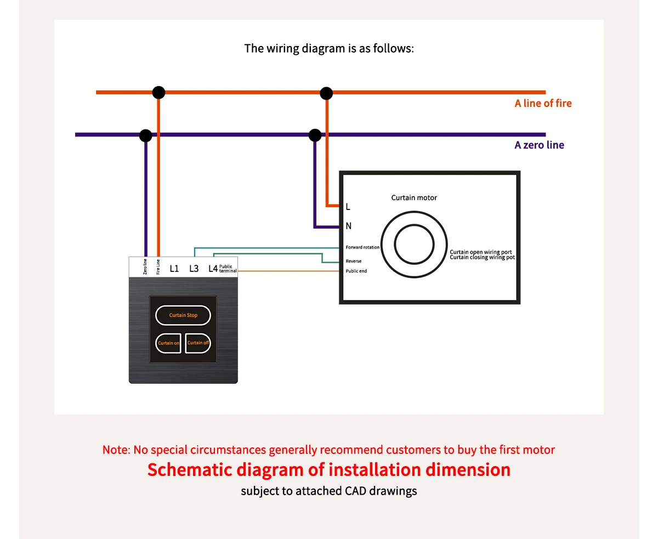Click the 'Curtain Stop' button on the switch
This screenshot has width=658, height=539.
coord(183,315)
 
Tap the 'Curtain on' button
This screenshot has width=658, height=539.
coord(168,343)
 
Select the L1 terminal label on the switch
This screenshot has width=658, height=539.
coord(174,269)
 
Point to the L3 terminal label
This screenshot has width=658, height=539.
coord(194,269)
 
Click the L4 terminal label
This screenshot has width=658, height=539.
coord(213,269)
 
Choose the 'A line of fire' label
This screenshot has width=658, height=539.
coord(543,103)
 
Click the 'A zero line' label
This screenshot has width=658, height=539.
coord(539,145)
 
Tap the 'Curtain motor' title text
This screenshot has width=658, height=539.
coord(414,198)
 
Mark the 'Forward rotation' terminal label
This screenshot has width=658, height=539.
coord(362,247)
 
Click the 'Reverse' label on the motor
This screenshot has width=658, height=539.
coord(354,261)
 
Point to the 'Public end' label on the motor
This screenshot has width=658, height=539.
coord(356,271)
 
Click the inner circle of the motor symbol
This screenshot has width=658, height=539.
coord(414,244)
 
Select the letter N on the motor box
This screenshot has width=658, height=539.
coord(349,226)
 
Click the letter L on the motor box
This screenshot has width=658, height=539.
coord(348,207)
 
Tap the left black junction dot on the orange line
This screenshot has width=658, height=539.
coord(158,93)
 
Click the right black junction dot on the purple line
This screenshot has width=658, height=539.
coord(315,135)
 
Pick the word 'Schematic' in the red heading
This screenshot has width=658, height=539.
coord(190,470)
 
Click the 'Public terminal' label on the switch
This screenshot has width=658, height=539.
coord(228,269)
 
